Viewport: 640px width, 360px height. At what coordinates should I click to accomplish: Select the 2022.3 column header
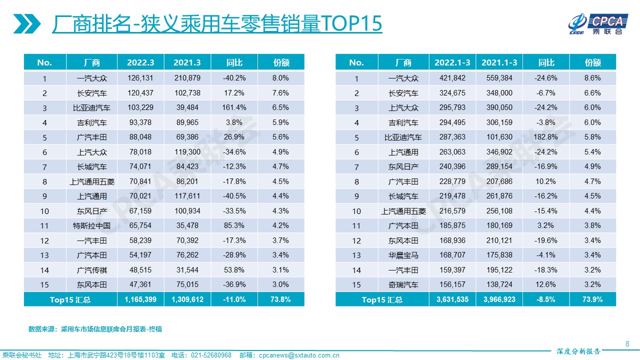140,62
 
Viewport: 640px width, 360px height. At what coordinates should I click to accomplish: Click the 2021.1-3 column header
499,62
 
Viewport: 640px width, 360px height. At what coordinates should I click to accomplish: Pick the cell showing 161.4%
234,107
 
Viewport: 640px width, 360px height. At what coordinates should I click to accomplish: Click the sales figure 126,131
140,78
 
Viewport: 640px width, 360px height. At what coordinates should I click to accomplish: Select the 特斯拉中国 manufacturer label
91,225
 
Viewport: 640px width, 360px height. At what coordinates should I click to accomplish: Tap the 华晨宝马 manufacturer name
403,255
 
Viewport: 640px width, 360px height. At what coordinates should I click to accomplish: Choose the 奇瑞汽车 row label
403,284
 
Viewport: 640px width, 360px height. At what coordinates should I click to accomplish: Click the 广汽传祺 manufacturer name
91,270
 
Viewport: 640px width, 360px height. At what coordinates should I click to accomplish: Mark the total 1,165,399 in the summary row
140,299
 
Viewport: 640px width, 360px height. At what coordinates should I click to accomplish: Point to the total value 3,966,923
499,299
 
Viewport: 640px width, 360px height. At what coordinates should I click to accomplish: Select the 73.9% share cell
593,299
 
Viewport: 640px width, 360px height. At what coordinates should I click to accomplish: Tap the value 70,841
140,181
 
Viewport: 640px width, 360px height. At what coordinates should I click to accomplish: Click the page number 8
627,343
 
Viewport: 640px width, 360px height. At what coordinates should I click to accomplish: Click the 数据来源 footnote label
42,329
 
